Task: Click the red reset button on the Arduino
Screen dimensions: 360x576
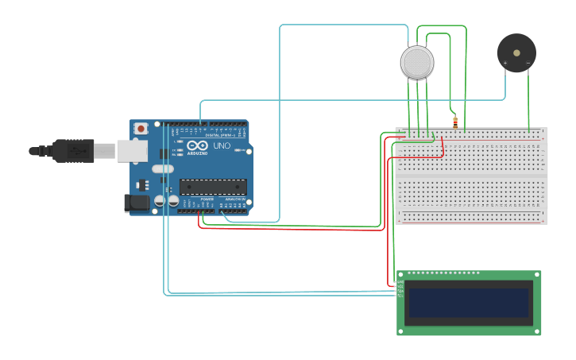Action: coord(141,128)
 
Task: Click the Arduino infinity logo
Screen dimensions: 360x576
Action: coord(197,145)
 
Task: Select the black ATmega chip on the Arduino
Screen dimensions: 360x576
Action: coord(213,187)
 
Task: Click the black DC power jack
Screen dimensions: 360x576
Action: coord(137,203)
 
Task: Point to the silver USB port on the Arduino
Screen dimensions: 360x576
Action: coord(132,151)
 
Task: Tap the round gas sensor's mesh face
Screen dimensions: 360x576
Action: coord(417,63)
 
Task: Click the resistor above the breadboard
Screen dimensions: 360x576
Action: coord(455,122)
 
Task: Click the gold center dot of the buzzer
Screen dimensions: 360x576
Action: coord(516,53)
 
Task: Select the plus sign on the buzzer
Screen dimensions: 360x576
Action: coord(505,63)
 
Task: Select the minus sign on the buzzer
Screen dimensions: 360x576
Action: coord(528,63)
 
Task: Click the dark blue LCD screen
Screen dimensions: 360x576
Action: coord(469,303)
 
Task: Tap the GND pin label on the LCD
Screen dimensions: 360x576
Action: coord(400,282)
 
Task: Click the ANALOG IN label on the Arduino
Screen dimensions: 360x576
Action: coord(235,199)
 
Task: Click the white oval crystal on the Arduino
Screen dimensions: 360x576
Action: coord(163,168)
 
